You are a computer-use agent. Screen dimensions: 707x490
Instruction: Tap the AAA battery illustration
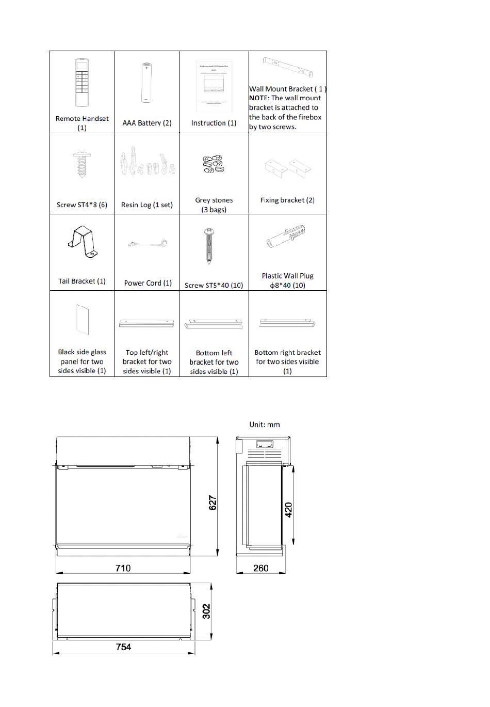pos(146,83)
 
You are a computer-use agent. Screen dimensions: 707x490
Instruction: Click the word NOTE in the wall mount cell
pos(259,98)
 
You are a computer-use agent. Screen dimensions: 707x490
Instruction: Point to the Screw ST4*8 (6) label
pos(82,205)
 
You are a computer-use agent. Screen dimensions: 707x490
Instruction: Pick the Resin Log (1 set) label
pos(147,205)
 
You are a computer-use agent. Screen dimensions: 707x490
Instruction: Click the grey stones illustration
pos(214,164)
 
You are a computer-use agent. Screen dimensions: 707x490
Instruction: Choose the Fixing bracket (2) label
pos(287,200)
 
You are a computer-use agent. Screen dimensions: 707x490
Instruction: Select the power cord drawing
pos(148,243)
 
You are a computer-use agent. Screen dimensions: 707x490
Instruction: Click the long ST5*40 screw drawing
pos(209,246)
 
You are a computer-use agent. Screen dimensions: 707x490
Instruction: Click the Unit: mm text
pos(265,425)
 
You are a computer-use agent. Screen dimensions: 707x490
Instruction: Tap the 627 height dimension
pos(213,504)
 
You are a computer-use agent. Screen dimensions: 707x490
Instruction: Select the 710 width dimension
pos(123,568)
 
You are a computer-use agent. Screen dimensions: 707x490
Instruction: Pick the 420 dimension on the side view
pos(289,510)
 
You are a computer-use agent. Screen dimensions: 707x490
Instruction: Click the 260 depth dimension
pos(261,568)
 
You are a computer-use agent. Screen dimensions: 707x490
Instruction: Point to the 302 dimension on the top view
pos(206,612)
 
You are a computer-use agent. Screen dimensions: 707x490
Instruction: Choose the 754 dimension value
pos(123,647)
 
